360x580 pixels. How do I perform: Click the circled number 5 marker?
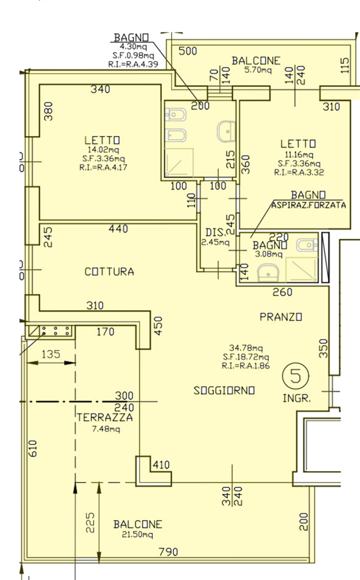(x=295, y=376)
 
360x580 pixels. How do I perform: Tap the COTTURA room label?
(x=109, y=272)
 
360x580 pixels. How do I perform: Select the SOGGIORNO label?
(x=224, y=391)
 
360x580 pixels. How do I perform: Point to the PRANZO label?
(x=281, y=317)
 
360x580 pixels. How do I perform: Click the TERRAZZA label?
(x=104, y=417)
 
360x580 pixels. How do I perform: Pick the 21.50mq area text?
(x=137, y=535)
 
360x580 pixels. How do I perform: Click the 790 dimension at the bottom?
(x=169, y=552)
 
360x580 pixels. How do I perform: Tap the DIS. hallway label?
(x=215, y=233)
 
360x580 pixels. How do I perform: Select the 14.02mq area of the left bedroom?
(x=103, y=150)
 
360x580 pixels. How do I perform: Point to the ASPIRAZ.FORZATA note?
(x=309, y=205)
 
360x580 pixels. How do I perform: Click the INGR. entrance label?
(x=297, y=398)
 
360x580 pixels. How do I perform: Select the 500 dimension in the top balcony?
(x=188, y=51)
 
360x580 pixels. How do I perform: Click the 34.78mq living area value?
(x=246, y=348)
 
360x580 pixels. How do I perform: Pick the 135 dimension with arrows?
(x=51, y=354)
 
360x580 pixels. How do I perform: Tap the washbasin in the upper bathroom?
(x=227, y=132)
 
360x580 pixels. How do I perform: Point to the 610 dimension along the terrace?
(x=33, y=448)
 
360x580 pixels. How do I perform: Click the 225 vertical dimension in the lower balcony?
(x=90, y=522)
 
